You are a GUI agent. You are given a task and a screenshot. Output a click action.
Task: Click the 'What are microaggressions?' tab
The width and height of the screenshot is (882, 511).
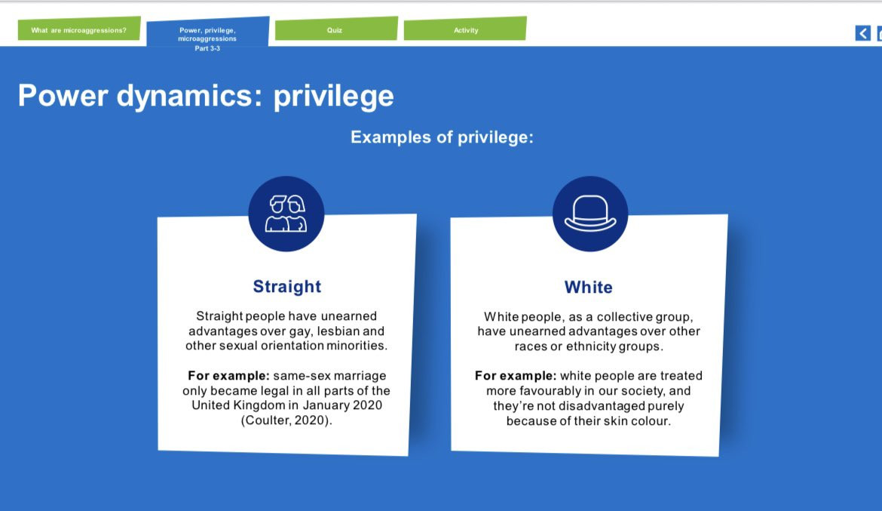[x=78, y=29]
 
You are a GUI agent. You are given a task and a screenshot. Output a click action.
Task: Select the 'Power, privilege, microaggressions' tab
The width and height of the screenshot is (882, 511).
[x=207, y=32]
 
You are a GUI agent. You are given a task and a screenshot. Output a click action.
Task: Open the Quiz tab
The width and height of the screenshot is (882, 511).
[x=335, y=29]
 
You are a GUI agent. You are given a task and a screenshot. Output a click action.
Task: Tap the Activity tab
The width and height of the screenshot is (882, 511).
[x=465, y=29]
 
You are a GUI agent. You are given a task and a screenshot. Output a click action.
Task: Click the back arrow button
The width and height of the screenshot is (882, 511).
[x=862, y=33]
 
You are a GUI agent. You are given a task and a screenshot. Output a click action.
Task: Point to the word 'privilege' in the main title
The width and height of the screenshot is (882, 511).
[x=333, y=97]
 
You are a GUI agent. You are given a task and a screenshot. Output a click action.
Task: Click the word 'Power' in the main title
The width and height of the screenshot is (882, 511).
[x=63, y=95]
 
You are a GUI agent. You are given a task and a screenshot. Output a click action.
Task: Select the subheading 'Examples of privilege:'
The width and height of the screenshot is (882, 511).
[x=442, y=137]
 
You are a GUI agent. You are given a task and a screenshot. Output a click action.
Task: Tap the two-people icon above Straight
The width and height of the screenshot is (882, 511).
[x=286, y=214]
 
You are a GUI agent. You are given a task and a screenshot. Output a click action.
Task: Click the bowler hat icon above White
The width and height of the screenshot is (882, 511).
[x=590, y=214]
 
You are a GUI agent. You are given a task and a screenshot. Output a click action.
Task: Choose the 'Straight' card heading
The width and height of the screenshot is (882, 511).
[x=287, y=286]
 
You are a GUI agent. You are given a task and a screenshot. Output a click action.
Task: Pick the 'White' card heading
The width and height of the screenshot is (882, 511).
[x=588, y=288]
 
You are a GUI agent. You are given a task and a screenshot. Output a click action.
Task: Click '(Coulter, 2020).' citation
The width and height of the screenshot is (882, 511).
[x=286, y=420]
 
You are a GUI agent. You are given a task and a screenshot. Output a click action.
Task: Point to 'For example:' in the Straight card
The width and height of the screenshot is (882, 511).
[x=228, y=376]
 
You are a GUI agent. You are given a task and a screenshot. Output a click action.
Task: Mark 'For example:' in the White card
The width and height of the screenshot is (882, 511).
[x=515, y=376]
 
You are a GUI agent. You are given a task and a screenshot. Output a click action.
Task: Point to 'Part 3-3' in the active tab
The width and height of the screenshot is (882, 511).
[x=207, y=48]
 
